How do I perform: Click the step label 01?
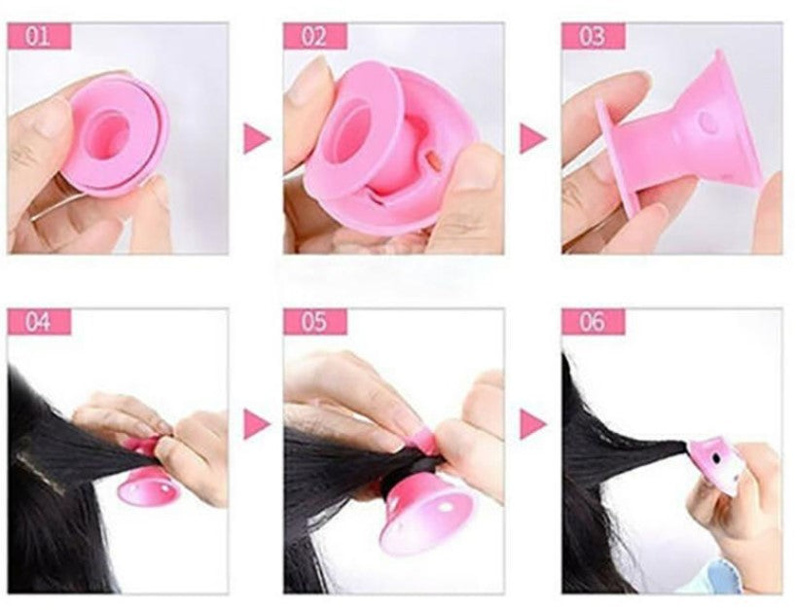[39, 37]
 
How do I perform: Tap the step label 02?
[315, 37]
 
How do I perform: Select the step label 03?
[594, 37]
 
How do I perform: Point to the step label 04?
[39, 321]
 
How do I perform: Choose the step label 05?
[315, 321]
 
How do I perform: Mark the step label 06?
[594, 321]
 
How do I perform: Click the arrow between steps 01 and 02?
[256, 138]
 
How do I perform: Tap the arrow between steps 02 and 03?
[532, 138]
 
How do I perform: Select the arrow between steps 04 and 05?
[256, 424]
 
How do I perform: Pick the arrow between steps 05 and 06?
[532, 424]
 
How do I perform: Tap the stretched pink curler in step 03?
[679, 132]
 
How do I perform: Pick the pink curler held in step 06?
[715, 464]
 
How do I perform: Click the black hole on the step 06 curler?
[715, 458]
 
